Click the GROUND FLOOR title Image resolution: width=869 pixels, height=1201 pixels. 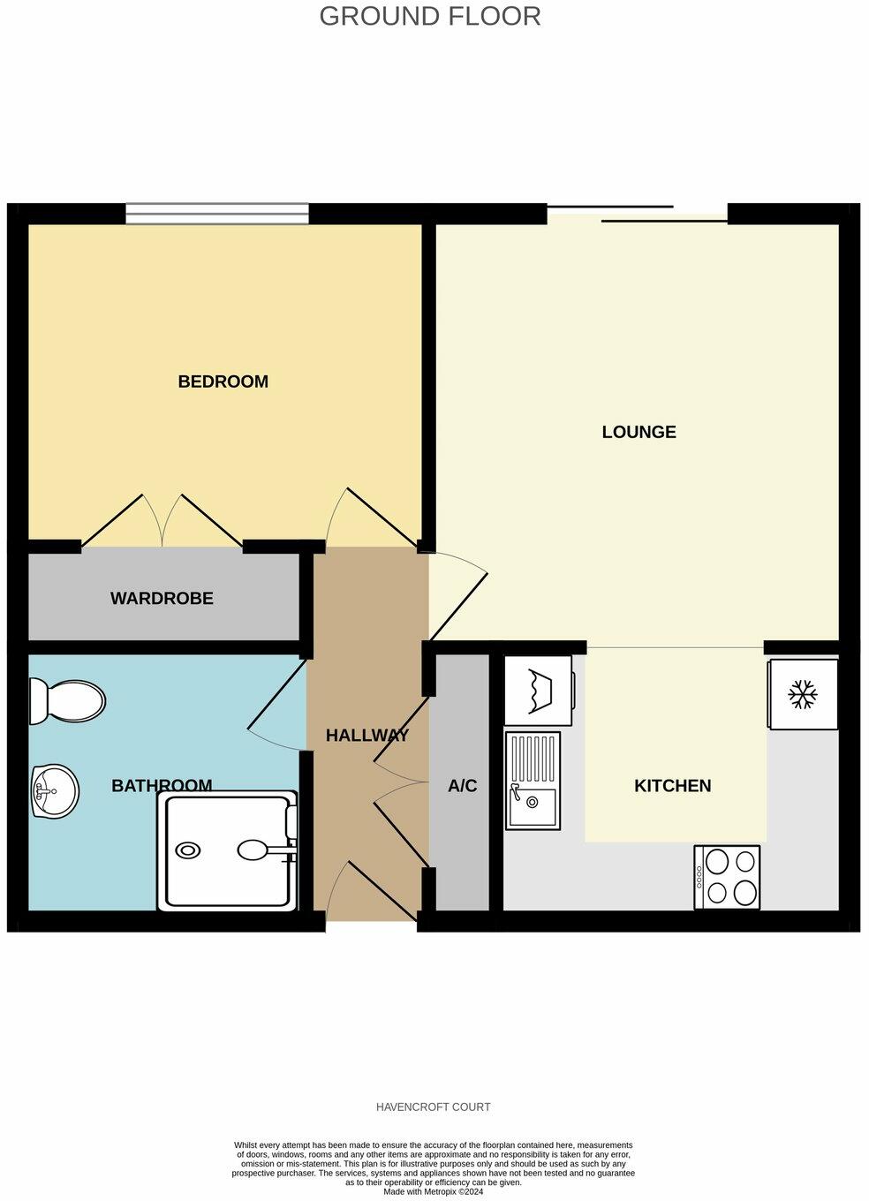click(x=430, y=16)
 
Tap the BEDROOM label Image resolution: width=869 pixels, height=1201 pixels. click(x=223, y=381)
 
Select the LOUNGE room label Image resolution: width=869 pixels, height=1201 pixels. click(x=639, y=432)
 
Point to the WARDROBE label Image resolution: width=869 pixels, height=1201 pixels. click(x=162, y=599)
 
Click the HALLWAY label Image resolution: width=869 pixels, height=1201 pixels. click(x=366, y=736)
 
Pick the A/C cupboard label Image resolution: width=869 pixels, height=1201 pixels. click(x=462, y=786)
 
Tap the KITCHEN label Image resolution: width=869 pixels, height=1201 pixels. click(x=672, y=786)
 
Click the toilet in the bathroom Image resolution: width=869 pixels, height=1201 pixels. click(x=66, y=702)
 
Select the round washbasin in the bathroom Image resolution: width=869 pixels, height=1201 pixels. click(x=55, y=790)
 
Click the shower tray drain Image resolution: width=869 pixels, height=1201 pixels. click(x=188, y=850)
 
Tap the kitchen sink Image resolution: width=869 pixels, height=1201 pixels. click(x=532, y=781)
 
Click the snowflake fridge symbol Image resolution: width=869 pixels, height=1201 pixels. click(x=802, y=693)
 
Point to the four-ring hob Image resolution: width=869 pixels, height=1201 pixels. click(x=727, y=877)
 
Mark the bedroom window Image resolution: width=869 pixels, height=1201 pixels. click(x=216, y=213)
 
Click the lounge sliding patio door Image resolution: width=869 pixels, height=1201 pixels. click(x=638, y=214)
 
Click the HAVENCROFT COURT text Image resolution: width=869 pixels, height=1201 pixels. click(x=433, y=1107)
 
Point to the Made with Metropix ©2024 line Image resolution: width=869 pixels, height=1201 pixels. click(x=433, y=1191)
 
